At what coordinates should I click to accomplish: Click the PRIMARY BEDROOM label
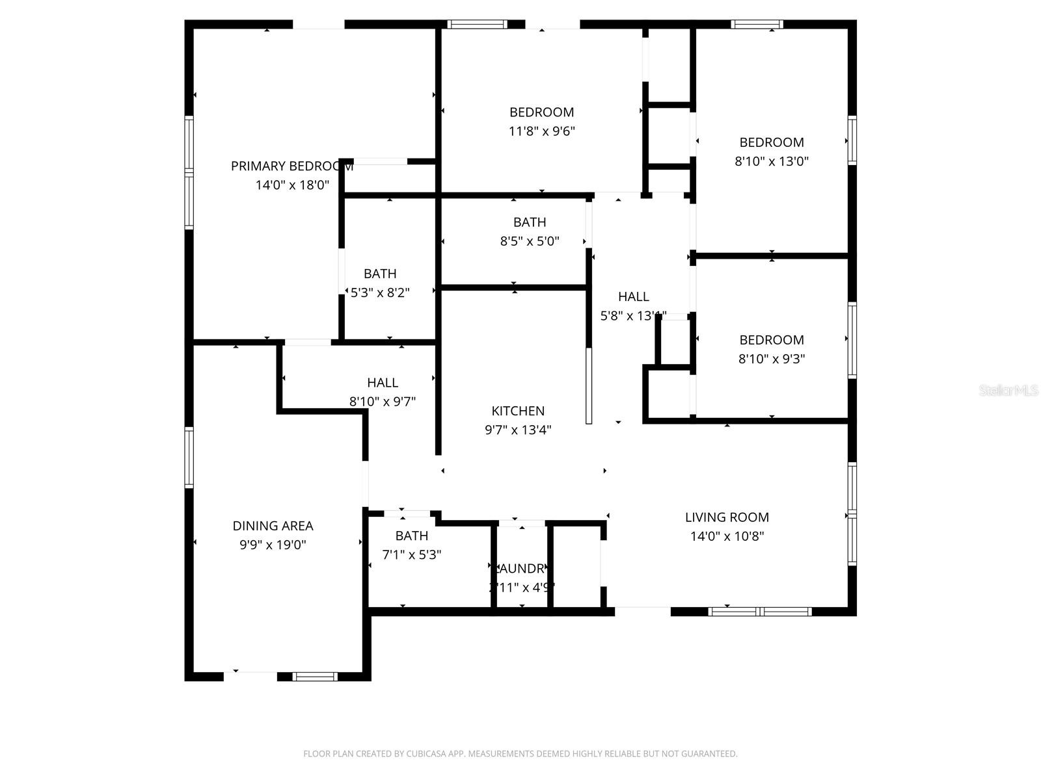(291, 166)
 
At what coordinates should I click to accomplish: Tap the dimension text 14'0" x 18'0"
(292, 185)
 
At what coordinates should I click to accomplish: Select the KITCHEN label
(518, 411)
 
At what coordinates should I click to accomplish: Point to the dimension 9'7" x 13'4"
(518, 430)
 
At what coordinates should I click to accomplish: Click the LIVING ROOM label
(727, 517)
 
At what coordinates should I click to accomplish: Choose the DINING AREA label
(273, 526)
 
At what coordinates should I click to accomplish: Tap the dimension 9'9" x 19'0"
(273, 545)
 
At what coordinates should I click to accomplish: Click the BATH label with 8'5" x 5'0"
(530, 222)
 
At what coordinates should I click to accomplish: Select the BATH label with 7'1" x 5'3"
(412, 536)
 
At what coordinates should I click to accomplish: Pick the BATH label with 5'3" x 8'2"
(380, 274)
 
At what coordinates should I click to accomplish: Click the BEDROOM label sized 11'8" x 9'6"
(541, 112)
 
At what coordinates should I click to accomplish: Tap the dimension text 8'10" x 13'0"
(772, 161)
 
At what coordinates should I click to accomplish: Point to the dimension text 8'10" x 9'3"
(772, 359)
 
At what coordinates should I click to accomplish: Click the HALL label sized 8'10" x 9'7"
(383, 383)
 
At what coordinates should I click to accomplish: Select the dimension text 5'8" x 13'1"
(633, 316)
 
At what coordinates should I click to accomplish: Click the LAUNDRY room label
(520, 569)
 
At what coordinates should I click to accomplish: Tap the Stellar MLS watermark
(1008, 391)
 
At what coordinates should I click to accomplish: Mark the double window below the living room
(760, 612)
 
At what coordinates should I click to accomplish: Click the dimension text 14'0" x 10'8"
(727, 536)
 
